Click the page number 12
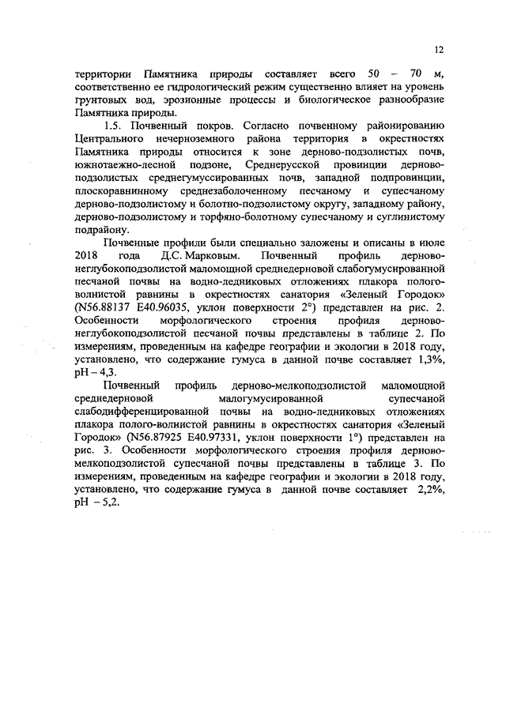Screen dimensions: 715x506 [440, 50]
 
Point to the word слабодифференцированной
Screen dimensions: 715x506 [147, 411]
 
